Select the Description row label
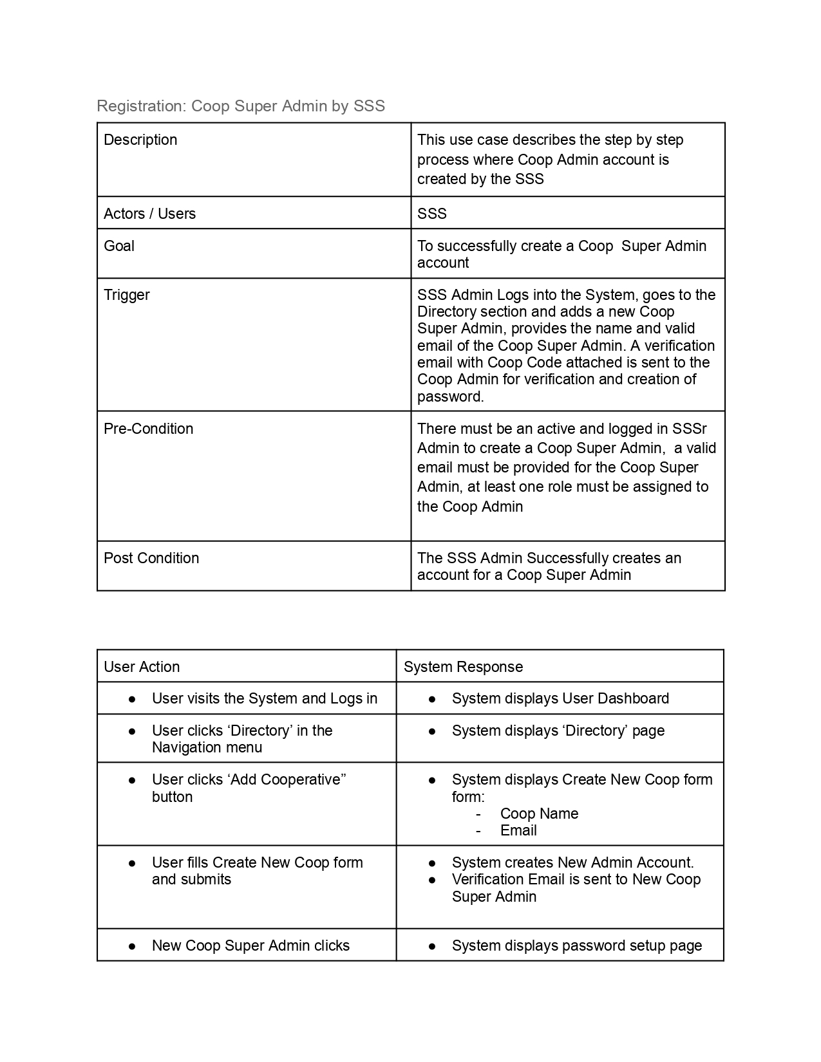(140, 140)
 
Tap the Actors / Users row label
(149, 214)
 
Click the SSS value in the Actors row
(431, 214)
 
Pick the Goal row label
(119, 246)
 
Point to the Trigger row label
(127, 295)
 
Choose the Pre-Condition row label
(148, 429)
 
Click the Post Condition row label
(151, 558)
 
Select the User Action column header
(142, 667)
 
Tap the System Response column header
(463, 667)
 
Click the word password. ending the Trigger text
(450, 396)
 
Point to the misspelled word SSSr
(689, 429)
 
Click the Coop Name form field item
(539, 814)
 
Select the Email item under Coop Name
(518, 830)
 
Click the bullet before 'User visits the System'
(132, 699)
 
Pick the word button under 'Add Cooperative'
(172, 797)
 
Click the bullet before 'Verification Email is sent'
(432, 880)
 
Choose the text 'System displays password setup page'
(576, 946)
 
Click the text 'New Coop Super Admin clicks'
(250, 946)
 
